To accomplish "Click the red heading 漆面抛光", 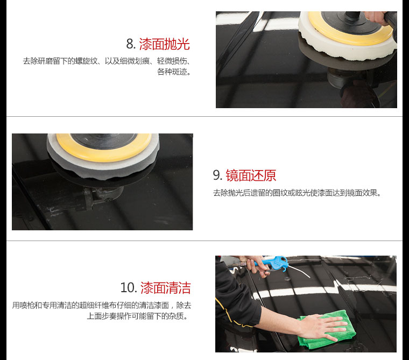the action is pos(164,44).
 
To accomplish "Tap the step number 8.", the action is pos(130,44).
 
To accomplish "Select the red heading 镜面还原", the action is pos(251,175).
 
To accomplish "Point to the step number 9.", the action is pos(217,175).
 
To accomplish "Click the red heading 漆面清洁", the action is pos(166,288).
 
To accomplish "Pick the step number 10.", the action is pos(128,288).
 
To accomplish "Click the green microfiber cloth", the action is pos(326,330).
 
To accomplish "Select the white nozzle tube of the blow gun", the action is pos(299,272).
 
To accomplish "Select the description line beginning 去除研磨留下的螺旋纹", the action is pos(107,61).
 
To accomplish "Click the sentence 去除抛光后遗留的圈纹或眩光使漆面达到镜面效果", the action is pos(297,193).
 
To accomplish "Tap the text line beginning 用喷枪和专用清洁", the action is pos(102,305).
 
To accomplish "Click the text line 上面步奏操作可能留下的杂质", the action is pos(137,316).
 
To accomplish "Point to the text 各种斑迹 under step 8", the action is pos(174,72).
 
